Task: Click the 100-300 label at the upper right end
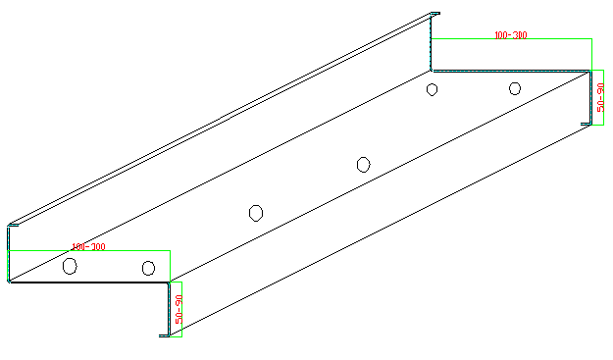tap(511, 35)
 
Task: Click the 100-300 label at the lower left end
tap(88, 247)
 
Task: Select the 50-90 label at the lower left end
tap(179, 310)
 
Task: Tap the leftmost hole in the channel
tap(70, 265)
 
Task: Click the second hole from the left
tap(148, 268)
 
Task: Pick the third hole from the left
tap(256, 212)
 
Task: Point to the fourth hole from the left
tap(363, 164)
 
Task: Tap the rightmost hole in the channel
tap(514, 88)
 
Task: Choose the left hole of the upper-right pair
tap(432, 89)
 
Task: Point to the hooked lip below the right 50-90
tap(587, 123)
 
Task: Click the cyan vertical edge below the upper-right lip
tap(432, 44)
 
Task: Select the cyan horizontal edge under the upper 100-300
tap(510, 70)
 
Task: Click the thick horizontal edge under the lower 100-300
tap(88, 283)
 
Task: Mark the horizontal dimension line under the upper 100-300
tap(510, 39)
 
